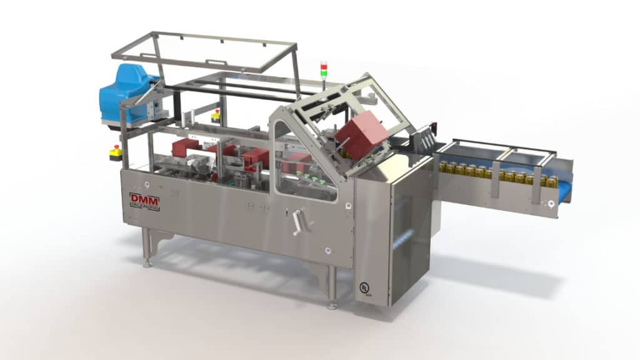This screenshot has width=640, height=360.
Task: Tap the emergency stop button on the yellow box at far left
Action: (x=115, y=151)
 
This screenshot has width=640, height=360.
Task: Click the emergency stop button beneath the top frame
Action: (x=216, y=115)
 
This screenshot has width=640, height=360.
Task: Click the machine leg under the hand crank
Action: (x=332, y=287)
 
